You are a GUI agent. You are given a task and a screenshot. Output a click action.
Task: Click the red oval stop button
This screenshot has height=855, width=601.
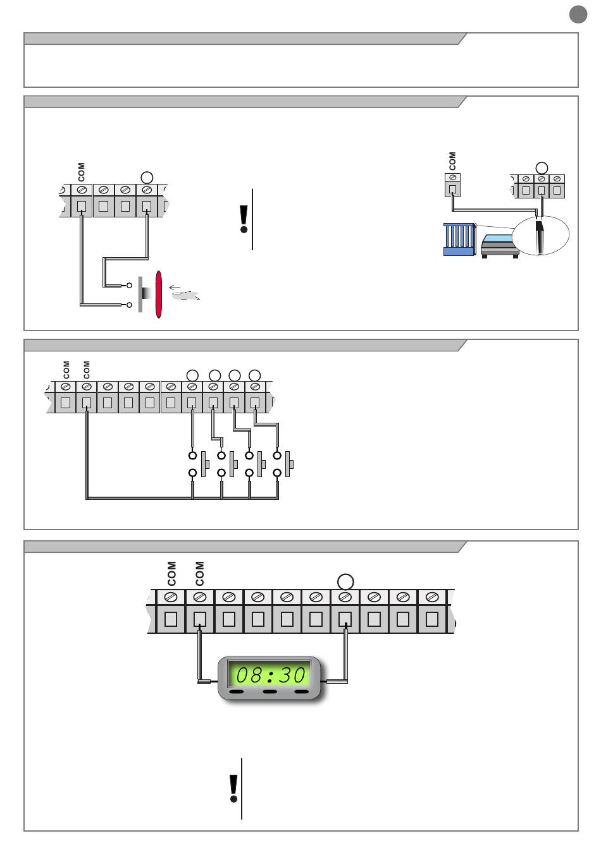159,294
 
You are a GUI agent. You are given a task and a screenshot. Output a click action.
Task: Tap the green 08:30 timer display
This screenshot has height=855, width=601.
270,675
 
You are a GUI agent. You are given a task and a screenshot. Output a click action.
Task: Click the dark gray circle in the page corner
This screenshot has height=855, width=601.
578,15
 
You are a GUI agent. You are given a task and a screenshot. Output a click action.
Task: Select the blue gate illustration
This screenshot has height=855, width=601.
459,239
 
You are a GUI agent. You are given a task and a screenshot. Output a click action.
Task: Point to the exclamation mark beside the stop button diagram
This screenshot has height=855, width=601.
244,219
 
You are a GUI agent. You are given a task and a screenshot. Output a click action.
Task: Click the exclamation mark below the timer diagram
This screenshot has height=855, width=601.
233,788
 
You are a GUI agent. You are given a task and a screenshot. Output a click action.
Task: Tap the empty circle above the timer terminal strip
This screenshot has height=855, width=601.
345,581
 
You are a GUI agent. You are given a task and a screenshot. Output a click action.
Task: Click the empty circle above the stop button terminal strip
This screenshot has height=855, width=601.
147,178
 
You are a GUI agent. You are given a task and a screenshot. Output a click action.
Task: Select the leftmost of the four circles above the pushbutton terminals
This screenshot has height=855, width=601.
193,376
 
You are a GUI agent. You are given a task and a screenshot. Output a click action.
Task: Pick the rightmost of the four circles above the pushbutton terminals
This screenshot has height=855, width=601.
255,376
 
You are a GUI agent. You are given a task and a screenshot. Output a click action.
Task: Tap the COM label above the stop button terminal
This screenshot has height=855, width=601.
81,171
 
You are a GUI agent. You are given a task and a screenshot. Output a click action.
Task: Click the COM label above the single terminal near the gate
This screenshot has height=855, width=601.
452,161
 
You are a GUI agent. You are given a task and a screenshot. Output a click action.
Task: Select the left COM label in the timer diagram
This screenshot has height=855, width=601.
171,573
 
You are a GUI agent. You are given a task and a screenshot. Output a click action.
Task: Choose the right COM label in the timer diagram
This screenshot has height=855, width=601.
200,573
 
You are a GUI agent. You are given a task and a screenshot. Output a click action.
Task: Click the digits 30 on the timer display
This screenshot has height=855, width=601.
293,675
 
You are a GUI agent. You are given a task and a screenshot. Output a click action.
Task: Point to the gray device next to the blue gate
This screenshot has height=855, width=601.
500,245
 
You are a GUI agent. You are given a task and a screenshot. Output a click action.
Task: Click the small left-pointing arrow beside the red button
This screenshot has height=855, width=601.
175,288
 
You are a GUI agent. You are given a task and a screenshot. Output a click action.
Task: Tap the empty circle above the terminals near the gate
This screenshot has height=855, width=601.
541,167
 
